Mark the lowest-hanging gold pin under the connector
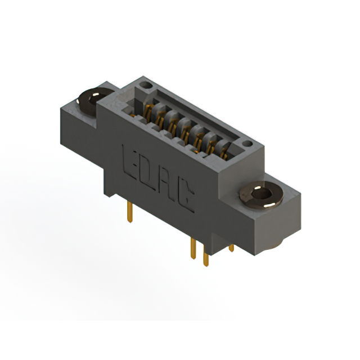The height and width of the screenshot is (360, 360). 206,258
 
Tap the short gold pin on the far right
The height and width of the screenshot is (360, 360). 231,247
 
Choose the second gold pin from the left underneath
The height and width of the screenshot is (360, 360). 193,247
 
